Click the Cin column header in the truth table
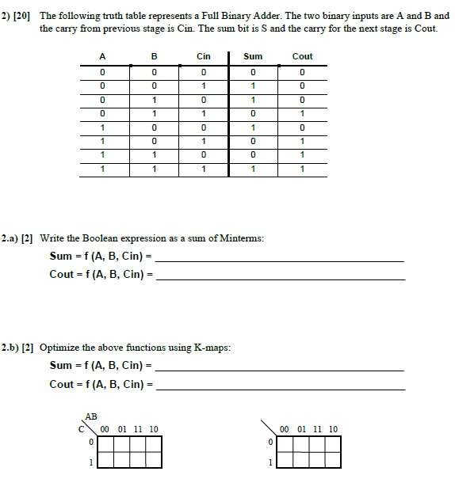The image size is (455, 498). coord(204,56)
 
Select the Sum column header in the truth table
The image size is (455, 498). coord(253,56)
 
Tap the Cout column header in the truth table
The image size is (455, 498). coord(303,56)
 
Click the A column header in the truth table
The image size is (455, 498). coord(102,56)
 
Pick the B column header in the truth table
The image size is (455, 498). coord(154,56)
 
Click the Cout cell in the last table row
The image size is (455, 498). coord(303,169)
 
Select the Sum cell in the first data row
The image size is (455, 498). coord(253,72)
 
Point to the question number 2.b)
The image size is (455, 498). coord(13,348)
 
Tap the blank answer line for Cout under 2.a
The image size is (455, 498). coord(281,278)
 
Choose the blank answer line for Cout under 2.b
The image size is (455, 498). coord(281,388)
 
